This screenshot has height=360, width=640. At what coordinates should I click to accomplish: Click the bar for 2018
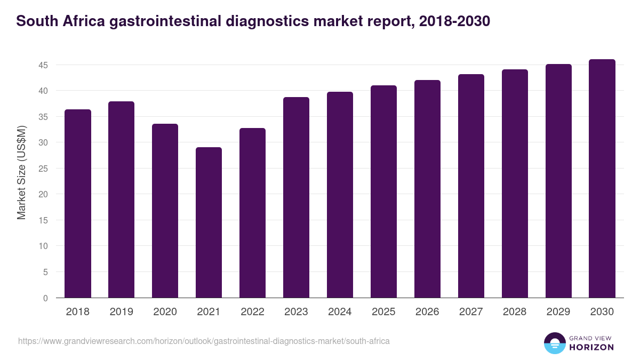pos(78,204)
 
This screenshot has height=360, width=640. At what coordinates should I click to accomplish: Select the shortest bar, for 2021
pos(209,222)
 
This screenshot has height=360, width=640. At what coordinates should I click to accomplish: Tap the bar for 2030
pos(602,179)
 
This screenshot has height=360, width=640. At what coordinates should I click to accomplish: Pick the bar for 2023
pos(296,197)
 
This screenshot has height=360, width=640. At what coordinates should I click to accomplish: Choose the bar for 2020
pos(165,211)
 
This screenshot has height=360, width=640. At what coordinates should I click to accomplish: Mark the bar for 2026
pos(427,189)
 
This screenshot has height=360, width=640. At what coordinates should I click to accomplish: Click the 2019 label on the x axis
pos(122,312)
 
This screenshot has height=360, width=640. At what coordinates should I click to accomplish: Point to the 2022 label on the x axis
pos(252,312)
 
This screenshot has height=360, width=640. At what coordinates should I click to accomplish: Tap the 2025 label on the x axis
pos(383,312)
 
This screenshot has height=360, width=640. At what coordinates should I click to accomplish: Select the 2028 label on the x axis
pos(515,312)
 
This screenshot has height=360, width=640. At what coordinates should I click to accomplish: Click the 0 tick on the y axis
pos(46,298)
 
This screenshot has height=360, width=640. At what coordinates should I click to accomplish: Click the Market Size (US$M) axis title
pos(21,172)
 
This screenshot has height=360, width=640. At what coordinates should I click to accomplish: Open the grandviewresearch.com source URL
pos(204,341)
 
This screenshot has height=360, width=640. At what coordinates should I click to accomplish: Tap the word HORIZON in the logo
pos(591,347)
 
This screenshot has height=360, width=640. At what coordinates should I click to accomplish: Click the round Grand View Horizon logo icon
pos(554,343)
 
